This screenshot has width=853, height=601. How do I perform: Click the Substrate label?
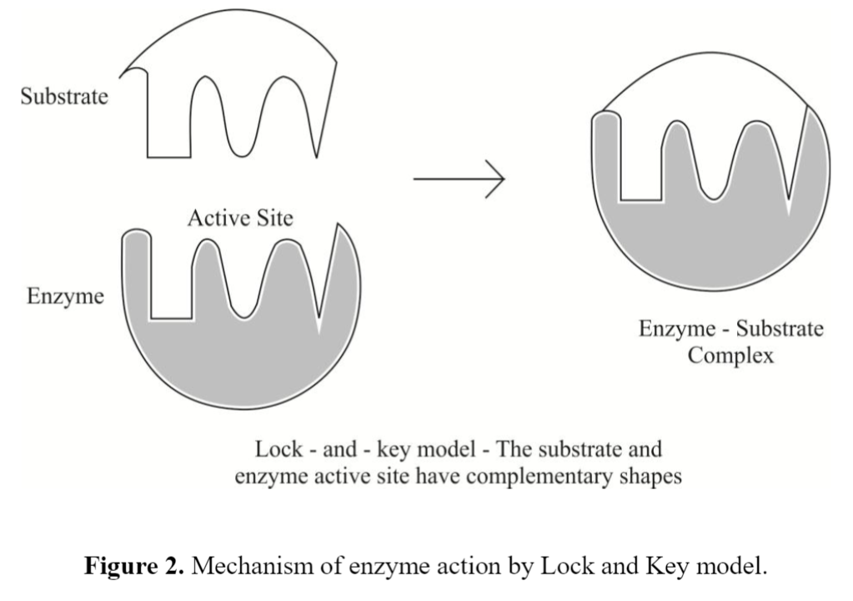(64, 96)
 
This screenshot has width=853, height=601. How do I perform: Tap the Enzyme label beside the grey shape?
(66, 296)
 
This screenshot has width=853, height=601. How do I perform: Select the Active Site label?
(240, 218)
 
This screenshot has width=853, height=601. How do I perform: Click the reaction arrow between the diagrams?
(459, 179)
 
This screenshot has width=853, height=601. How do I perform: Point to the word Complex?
(730, 356)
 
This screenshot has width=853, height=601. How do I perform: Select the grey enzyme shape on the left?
(242, 367)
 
